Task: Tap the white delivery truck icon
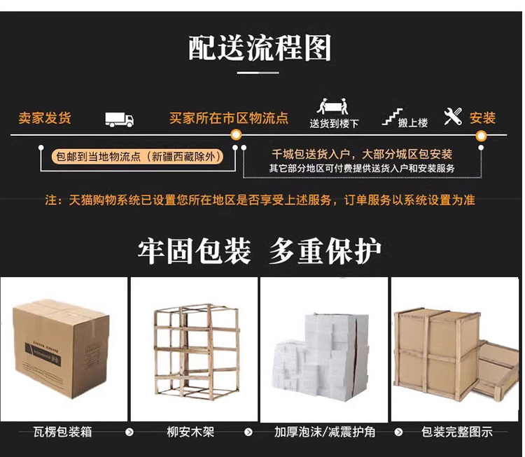(x=119, y=120)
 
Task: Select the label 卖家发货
(x=45, y=118)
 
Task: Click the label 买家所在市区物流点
(x=229, y=118)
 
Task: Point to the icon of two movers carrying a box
(x=332, y=106)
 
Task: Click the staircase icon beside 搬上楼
(x=392, y=116)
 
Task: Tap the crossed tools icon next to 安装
(x=453, y=116)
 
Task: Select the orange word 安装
(x=482, y=118)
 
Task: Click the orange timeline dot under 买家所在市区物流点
(x=236, y=135)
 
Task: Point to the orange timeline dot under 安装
(x=481, y=136)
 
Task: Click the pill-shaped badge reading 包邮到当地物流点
(x=138, y=157)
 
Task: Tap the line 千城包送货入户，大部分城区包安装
(x=362, y=155)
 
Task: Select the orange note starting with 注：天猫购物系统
(x=260, y=200)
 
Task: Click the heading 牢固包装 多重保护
(x=260, y=251)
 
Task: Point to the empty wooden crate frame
(x=196, y=352)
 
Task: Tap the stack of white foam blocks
(x=322, y=355)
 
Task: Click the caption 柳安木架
(x=190, y=432)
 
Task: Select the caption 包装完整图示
(x=456, y=432)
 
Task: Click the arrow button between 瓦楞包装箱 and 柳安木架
(x=129, y=433)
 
